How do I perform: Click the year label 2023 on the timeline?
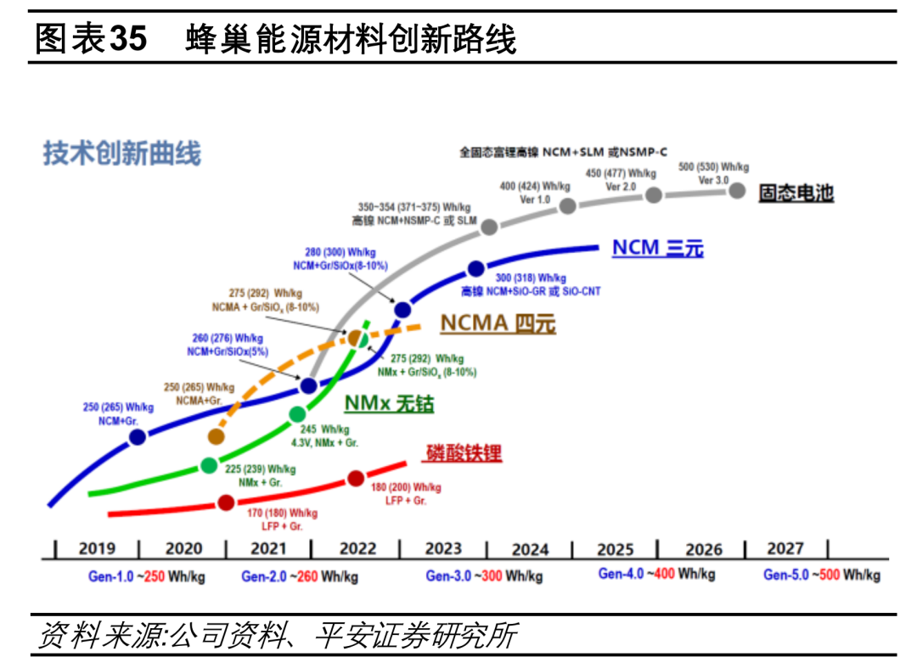(443, 549)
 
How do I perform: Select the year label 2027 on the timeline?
(785, 548)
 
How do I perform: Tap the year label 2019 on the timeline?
(98, 549)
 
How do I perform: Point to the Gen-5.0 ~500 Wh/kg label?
(821, 575)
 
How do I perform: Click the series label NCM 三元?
(657, 248)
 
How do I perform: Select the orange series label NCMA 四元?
(497, 323)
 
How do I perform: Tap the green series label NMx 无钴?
(388, 403)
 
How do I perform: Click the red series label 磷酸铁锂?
(462, 453)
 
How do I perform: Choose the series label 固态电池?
(795, 193)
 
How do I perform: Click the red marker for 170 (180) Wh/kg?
(226, 502)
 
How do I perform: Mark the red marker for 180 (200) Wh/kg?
(356, 479)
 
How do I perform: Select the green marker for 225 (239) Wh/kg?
(209, 465)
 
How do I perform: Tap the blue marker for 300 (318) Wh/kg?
(475, 269)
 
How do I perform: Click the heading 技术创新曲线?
(122, 154)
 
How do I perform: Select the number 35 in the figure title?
(128, 39)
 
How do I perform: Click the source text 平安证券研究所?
(415, 636)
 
